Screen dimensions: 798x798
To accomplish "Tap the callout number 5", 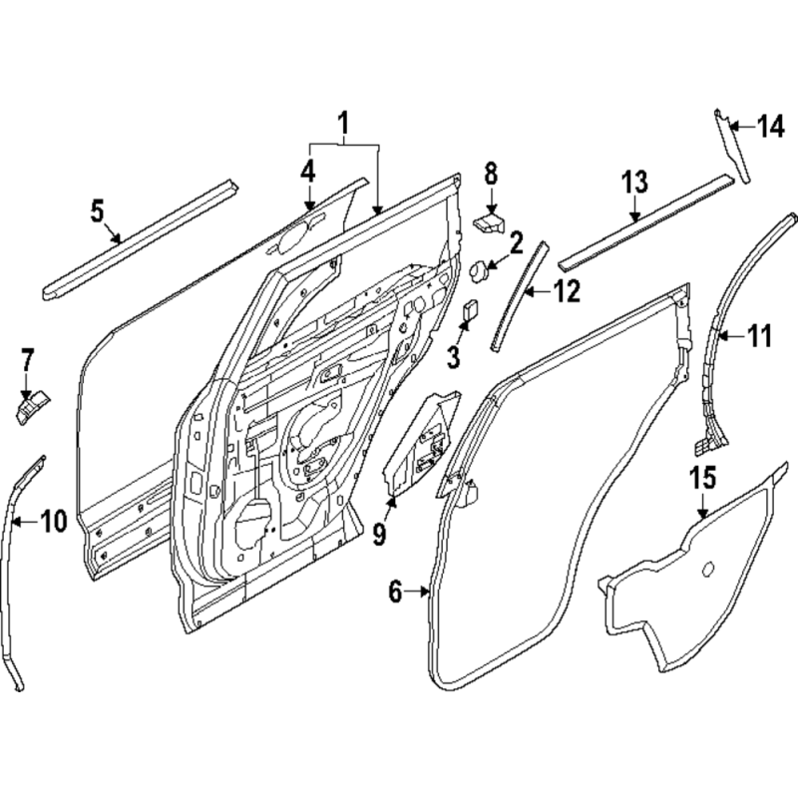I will (97, 210).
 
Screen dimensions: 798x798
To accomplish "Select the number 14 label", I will (769, 126).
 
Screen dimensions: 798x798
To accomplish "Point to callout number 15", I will (703, 476).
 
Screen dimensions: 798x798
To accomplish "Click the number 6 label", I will (395, 593).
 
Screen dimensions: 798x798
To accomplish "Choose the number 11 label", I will (760, 337).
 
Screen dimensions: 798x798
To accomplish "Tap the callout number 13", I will (634, 183).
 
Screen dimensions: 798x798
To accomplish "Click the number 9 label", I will (379, 534).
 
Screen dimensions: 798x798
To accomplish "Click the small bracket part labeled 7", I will (31, 406).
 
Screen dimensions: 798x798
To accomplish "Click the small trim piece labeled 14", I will (730, 150).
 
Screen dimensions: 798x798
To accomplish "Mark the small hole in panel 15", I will (709, 570).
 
